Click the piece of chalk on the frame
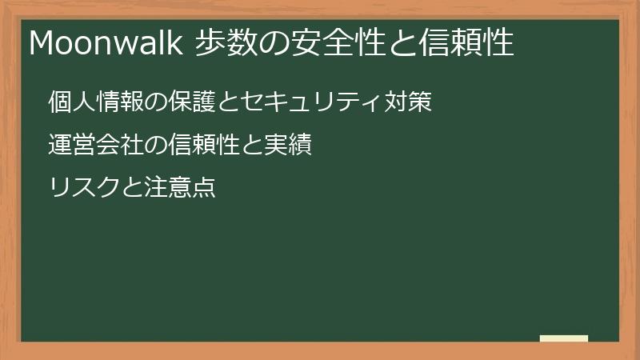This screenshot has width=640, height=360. (564, 339)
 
